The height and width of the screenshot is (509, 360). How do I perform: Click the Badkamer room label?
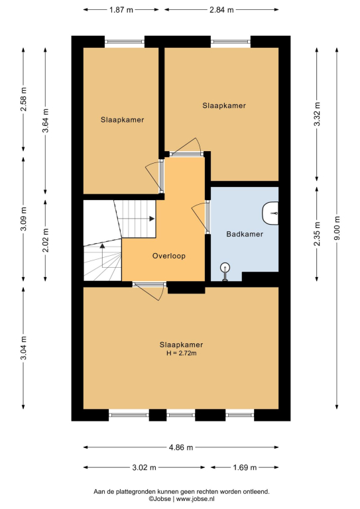click(245, 234)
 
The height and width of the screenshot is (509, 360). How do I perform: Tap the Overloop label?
click(169, 256)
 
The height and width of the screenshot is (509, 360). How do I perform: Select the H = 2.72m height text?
click(182, 353)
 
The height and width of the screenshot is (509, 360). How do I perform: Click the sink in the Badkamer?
click(270, 213)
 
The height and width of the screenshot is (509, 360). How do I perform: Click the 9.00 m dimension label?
click(337, 228)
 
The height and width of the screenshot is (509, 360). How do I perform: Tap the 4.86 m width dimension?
click(181, 447)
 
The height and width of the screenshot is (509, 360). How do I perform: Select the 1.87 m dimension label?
click(121, 10)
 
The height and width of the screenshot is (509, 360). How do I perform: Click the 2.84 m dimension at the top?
click(221, 10)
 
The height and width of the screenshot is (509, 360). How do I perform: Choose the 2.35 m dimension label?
click(317, 234)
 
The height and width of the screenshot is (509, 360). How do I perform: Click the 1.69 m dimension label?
click(245, 467)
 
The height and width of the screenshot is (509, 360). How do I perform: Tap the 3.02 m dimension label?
click(144, 467)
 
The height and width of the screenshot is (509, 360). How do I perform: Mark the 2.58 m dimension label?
click(23, 99)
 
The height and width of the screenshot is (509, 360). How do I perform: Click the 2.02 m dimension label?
click(46, 240)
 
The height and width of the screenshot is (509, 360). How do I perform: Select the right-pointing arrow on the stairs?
click(137, 219)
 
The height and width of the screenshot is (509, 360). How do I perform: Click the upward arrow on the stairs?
click(102, 255)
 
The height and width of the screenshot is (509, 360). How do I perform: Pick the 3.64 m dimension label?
click(46, 121)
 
